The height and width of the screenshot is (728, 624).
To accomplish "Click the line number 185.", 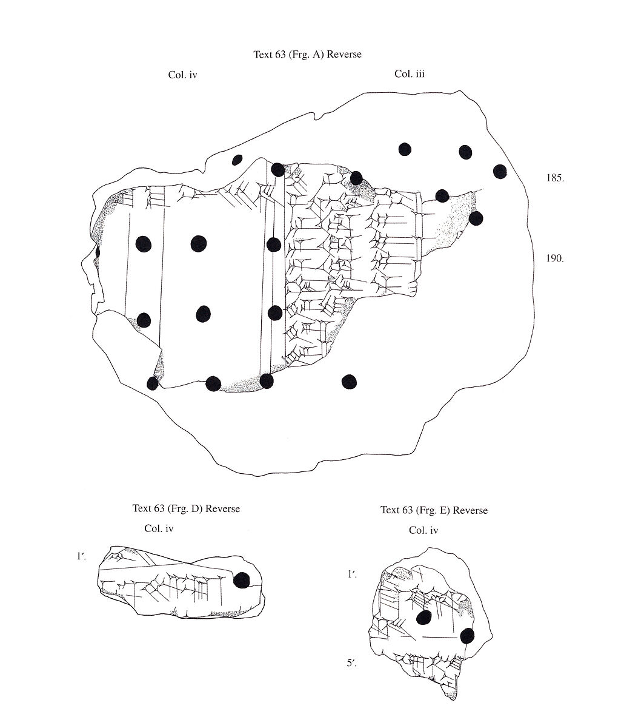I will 554,178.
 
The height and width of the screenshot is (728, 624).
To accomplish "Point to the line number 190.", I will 554,258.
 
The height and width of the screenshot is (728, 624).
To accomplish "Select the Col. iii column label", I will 410,74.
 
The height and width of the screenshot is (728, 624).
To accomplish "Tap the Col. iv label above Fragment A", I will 183,75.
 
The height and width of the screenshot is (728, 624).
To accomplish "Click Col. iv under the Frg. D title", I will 159,528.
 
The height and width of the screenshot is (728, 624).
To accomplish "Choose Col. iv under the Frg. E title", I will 423,530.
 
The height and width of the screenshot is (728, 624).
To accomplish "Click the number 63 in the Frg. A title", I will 280,54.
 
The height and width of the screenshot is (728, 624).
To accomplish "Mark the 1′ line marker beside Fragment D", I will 80,555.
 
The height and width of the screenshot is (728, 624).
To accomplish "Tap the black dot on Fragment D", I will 242,580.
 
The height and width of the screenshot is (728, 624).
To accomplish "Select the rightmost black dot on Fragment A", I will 500,172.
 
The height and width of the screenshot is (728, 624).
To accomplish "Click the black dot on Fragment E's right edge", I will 467,636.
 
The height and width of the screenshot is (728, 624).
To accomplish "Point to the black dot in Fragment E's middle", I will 424,618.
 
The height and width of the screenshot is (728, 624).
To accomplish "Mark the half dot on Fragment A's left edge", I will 98,251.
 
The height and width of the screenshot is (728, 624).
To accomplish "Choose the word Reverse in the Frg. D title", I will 222,508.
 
